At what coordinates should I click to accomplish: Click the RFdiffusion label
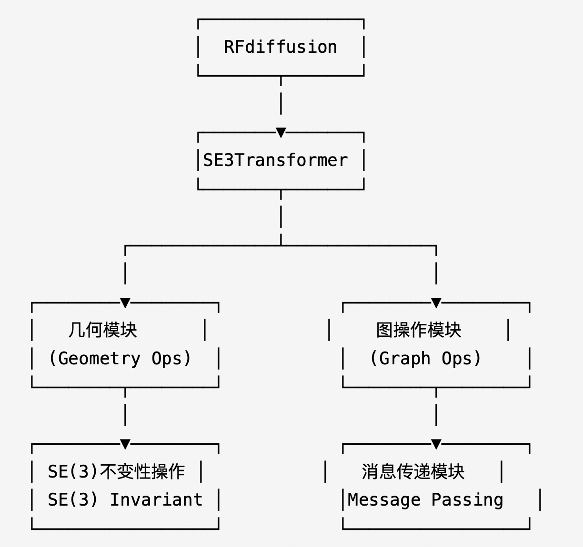pos(280,47)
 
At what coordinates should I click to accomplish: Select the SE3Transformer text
pos(275,160)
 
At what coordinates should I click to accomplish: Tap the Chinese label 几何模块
pos(103,330)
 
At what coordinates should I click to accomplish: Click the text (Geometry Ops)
pos(120,358)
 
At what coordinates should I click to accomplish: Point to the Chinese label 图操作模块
pos(419,330)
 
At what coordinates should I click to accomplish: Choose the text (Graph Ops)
pos(425,358)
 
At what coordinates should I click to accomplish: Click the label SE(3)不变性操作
pos(116,471)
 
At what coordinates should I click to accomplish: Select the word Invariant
pos(156,500)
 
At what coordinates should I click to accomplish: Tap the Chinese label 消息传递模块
pos(413,471)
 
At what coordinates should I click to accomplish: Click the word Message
pos(384,500)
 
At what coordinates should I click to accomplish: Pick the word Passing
pos(467,500)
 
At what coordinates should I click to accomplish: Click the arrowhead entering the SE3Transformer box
pos(281,132)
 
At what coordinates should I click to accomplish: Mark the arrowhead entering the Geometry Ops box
pos(125,303)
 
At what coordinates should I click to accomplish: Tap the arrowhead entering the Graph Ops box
pos(436,303)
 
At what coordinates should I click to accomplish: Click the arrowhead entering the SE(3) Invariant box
pos(125,444)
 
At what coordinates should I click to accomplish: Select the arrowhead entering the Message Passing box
pos(436,444)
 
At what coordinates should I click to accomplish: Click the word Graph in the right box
pos(404,358)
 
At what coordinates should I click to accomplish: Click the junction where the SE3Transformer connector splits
pos(281,245)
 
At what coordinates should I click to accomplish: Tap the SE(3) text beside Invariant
pos(72,500)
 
